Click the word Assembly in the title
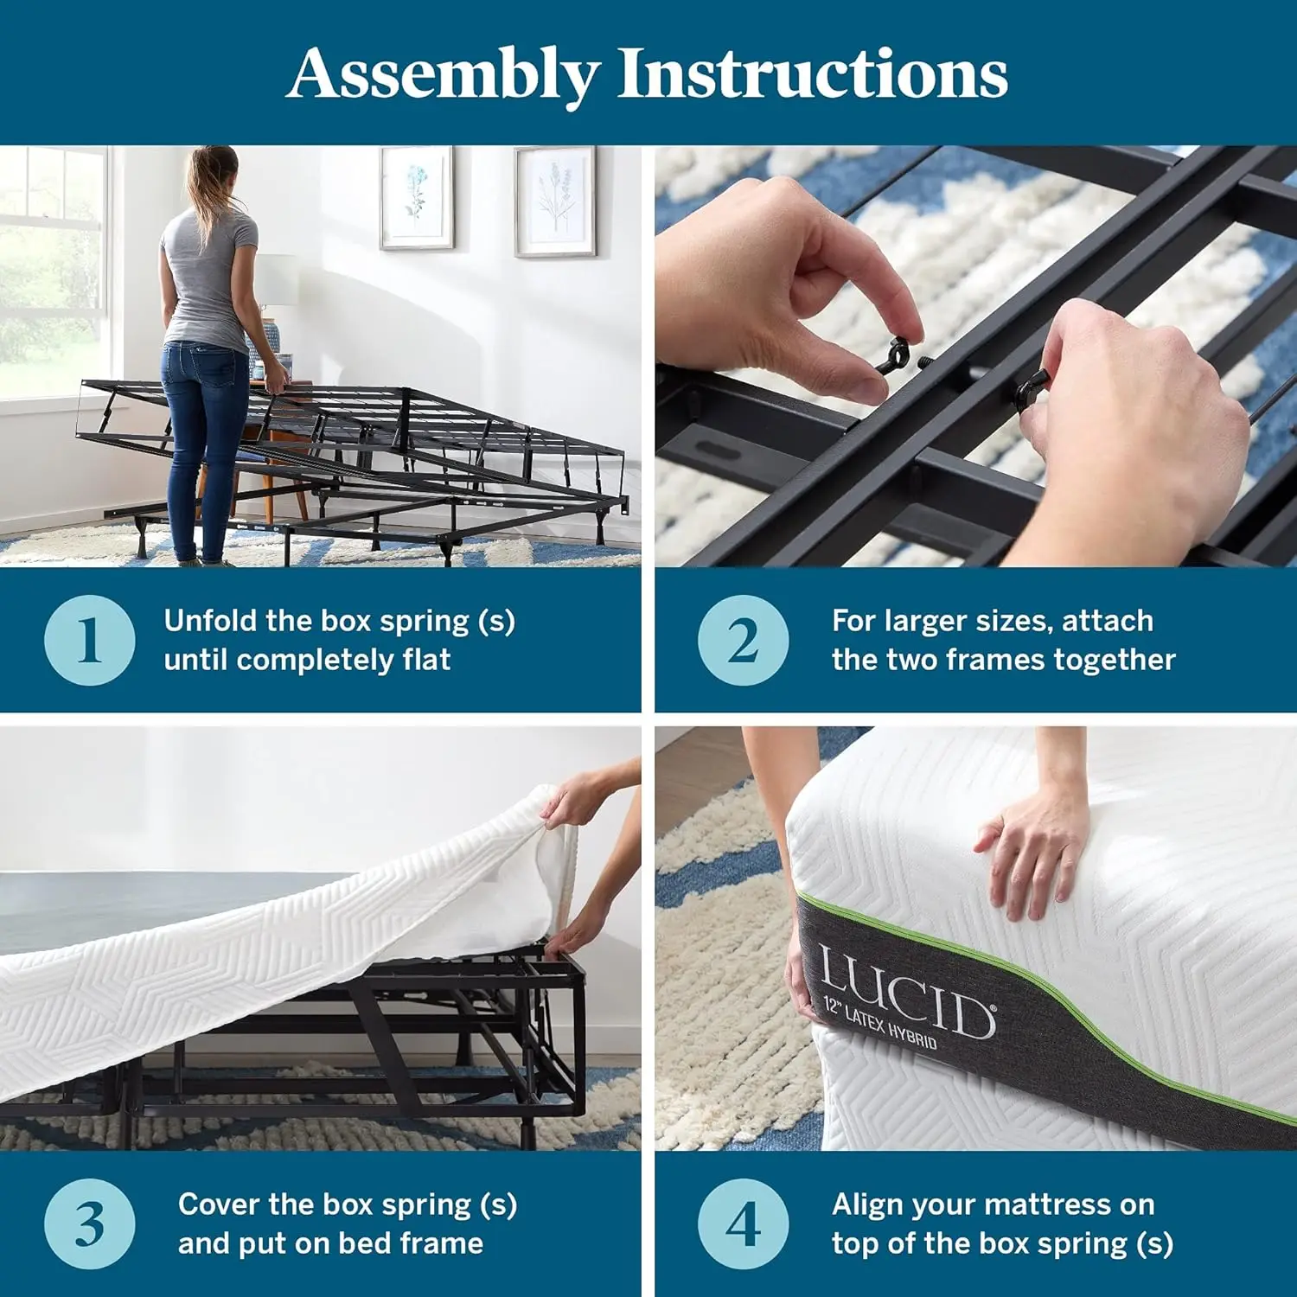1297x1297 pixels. [x=443, y=74]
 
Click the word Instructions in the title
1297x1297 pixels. [x=812, y=74]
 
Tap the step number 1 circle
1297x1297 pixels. [x=90, y=641]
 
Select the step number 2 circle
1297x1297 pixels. [x=744, y=641]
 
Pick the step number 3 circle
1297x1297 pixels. [x=90, y=1224]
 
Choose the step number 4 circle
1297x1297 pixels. [x=744, y=1224]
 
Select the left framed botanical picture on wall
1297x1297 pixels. [x=417, y=198]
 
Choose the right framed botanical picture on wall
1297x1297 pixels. [x=554, y=201]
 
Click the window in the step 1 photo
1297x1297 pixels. [x=52, y=268]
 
